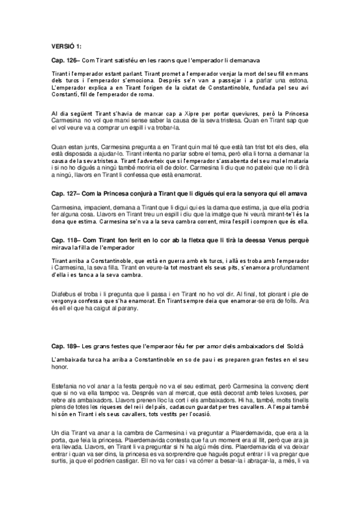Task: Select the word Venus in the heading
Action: coord(267,239)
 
